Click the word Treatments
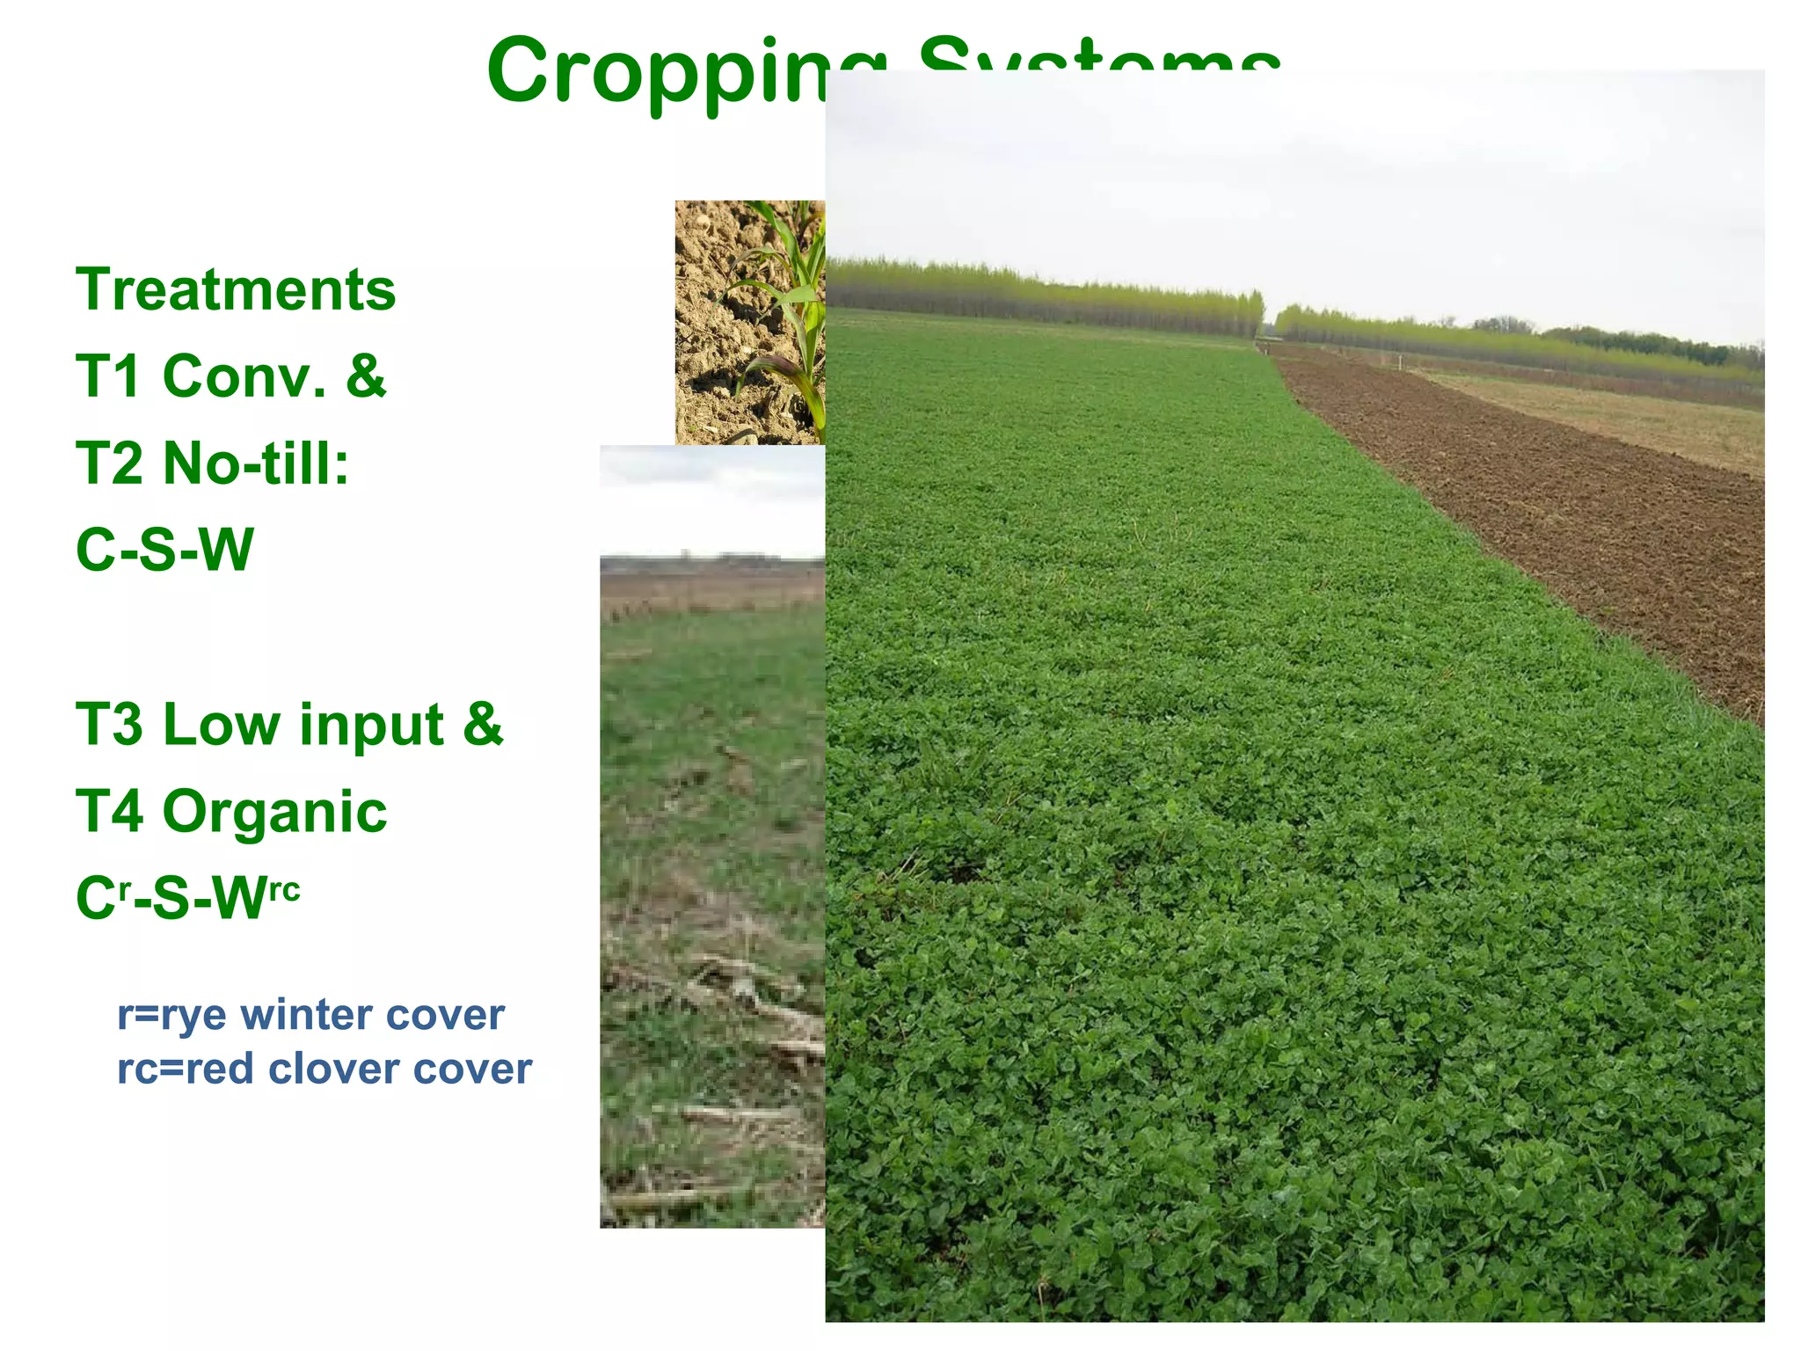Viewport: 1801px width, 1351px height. tap(236, 290)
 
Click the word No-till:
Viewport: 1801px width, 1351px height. tap(256, 464)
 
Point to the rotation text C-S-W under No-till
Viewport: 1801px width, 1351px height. tap(164, 550)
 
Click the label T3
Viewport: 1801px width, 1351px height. tap(109, 725)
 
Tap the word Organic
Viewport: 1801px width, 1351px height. tap(274, 811)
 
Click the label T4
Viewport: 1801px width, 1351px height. tap(109, 811)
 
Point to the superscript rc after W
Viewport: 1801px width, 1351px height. tap(283, 889)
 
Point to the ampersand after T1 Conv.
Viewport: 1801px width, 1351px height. tap(366, 376)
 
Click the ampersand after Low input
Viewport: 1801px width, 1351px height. tap(483, 725)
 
